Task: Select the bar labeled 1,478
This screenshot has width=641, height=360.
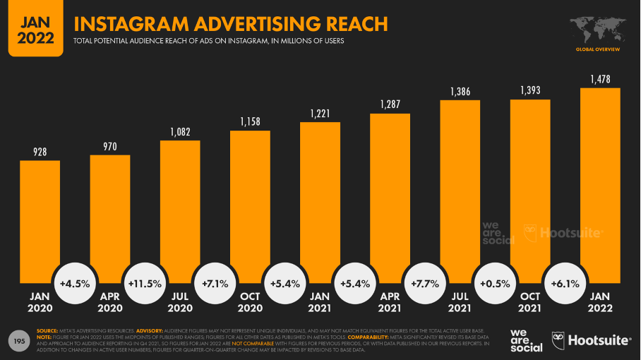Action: point(599,184)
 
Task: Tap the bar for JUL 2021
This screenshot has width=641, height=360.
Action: point(460,191)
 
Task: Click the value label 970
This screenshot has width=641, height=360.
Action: point(109,146)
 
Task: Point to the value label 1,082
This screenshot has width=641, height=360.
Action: point(180,131)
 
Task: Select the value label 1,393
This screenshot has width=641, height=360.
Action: point(530,90)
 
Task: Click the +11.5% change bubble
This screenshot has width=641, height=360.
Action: point(145,284)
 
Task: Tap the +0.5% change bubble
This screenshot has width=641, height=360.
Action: point(495,284)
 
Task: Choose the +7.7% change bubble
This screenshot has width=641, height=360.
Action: point(425,284)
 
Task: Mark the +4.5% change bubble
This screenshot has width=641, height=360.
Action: point(75,284)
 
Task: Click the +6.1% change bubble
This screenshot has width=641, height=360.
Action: point(565,284)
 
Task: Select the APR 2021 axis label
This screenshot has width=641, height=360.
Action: point(390,303)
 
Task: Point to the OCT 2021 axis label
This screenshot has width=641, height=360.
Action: point(530,303)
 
